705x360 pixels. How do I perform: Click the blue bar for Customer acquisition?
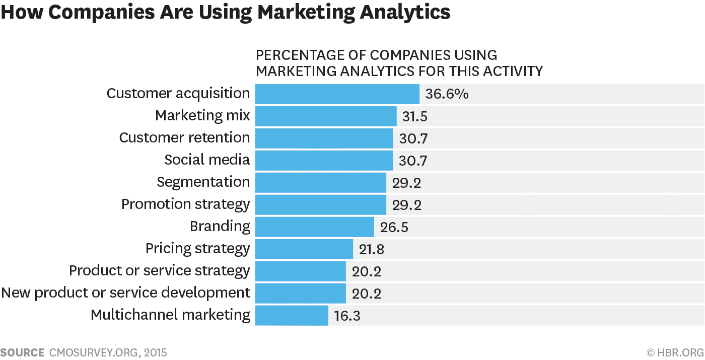pyautogui.click(x=337, y=94)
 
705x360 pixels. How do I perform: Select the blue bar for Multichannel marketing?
pyautogui.click(x=292, y=316)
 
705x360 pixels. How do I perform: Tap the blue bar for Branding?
pyautogui.click(x=314, y=227)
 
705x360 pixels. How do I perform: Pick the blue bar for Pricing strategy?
pyautogui.click(x=304, y=249)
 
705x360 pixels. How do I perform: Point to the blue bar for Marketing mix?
pyautogui.click(x=326, y=116)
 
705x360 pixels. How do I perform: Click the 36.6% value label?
pyautogui.click(x=447, y=94)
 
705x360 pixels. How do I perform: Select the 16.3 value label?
pyautogui.click(x=347, y=316)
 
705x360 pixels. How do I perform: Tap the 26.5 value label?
pyautogui.click(x=394, y=227)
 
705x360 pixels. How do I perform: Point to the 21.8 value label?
pyautogui.click(x=372, y=249)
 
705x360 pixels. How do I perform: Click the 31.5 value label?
pyautogui.click(x=415, y=116)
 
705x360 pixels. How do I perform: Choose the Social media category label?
pyautogui.click(x=207, y=160)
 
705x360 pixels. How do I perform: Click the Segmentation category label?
pyautogui.click(x=203, y=182)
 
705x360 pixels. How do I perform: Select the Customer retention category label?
pyautogui.click(x=184, y=138)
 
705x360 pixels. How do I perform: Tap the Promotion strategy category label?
pyautogui.click(x=185, y=204)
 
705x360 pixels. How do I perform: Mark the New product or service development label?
pyautogui.click(x=125, y=293)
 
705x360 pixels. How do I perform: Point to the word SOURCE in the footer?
pyautogui.click(x=22, y=352)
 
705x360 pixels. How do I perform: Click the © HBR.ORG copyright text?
pyautogui.click(x=675, y=352)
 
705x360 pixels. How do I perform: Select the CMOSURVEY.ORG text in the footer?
pyautogui.click(x=92, y=352)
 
